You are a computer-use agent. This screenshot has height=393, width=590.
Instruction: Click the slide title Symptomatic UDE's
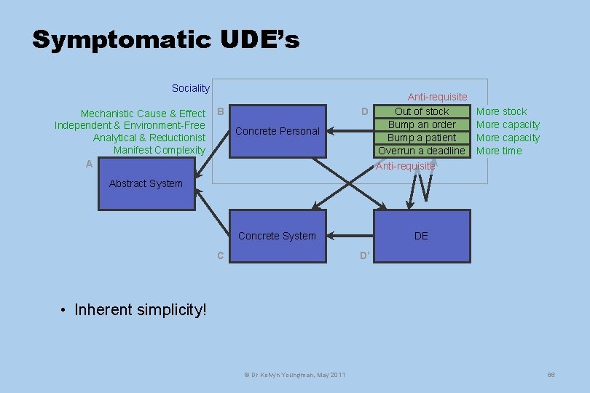165,39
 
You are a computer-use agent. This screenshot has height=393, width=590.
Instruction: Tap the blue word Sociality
190,88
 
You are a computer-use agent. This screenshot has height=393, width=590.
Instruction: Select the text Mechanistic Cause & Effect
143,114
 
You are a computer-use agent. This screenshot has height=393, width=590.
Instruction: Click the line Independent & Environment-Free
130,125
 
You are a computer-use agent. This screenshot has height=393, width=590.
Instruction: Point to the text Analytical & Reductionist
149,138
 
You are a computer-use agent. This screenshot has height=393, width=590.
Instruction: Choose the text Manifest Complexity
160,150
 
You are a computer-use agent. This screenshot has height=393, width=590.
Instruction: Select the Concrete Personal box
278,131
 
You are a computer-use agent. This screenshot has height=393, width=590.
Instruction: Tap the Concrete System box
278,236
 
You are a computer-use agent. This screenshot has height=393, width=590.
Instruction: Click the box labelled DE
421,236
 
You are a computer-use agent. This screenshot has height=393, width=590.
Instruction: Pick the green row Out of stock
422,111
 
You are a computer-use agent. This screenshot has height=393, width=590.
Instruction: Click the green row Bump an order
422,124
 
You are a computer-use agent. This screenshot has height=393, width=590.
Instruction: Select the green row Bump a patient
422,138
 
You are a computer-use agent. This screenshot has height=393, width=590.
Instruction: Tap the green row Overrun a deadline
422,151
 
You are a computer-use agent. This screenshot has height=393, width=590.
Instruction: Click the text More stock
501,111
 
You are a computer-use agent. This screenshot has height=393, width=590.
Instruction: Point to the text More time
499,151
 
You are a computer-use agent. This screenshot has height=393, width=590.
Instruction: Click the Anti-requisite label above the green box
437,97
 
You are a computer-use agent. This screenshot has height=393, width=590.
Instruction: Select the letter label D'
365,255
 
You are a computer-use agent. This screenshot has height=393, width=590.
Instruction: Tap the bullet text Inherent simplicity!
141,309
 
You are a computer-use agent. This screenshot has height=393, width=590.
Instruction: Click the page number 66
551,374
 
